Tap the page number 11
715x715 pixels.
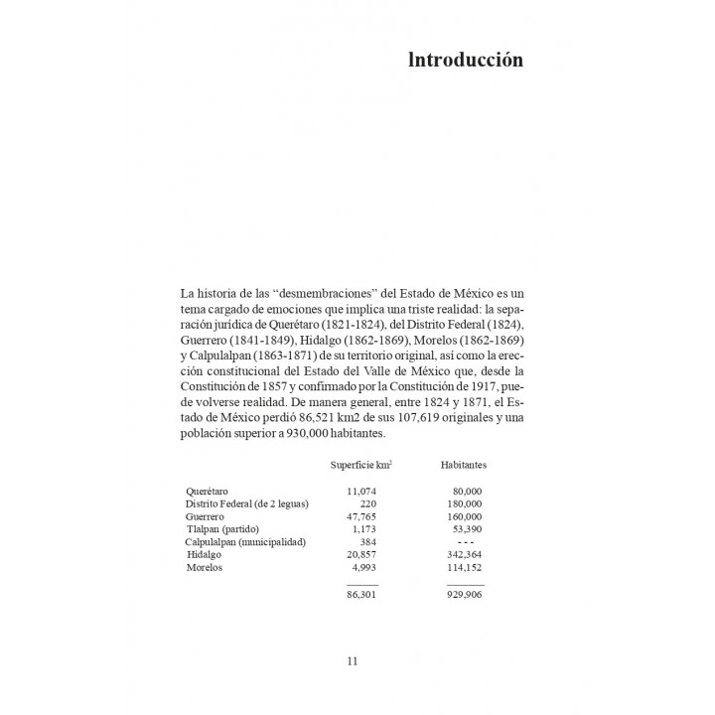coord(353,661)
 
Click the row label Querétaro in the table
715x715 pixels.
coord(209,492)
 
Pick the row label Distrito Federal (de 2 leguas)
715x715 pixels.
coord(246,504)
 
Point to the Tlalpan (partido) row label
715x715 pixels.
coord(222,530)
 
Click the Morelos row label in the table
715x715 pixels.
coord(204,569)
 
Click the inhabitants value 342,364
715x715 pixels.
coord(465,556)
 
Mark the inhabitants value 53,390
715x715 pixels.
coord(468,530)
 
